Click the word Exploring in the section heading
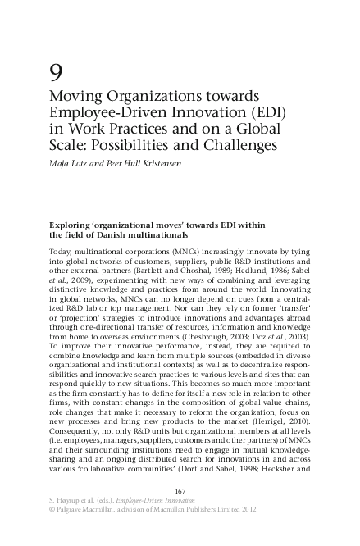pyautogui.click(x=75, y=223)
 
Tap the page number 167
pyautogui.click(x=179, y=489)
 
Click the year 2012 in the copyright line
pyautogui.click(x=289, y=509)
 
